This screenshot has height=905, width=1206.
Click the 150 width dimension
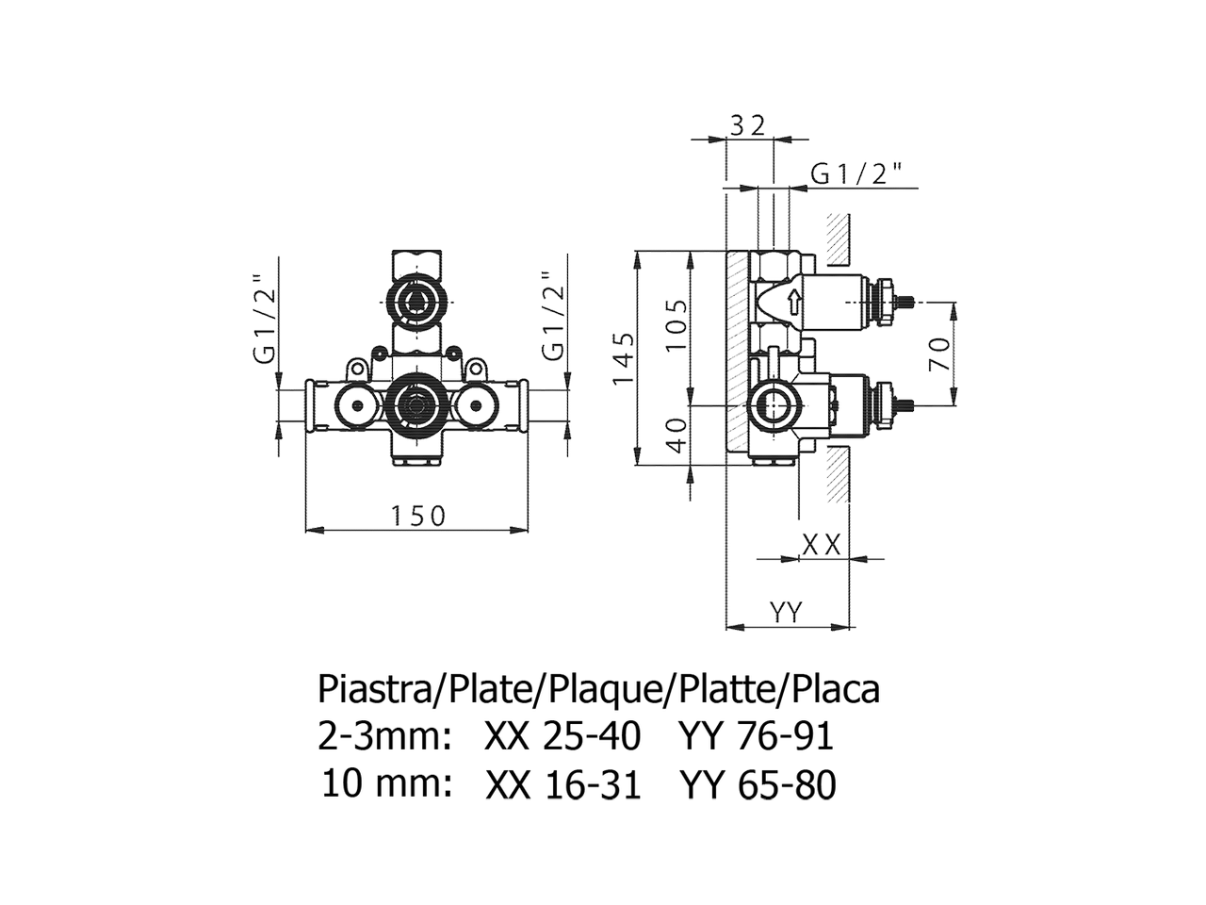(x=417, y=516)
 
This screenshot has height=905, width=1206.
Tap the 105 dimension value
(x=676, y=325)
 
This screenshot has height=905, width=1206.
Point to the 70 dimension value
(x=939, y=354)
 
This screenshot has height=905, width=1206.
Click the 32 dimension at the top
(x=748, y=126)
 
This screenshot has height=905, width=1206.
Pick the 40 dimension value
(x=678, y=436)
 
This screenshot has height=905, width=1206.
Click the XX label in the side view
(x=822, y=546)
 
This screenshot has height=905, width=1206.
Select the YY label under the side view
(x=786, y=611)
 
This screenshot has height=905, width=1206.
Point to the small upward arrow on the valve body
(x=793, y=304)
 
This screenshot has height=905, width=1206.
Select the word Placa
(x=836, y=691)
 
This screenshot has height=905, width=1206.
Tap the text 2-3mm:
(x=384, y=736)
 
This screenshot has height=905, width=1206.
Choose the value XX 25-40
(x=562, y=736)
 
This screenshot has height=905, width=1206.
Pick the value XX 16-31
(x=563, y=785)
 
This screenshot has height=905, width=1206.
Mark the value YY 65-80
(x=758, y=785)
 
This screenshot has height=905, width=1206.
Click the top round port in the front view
(x=417, y=303)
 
